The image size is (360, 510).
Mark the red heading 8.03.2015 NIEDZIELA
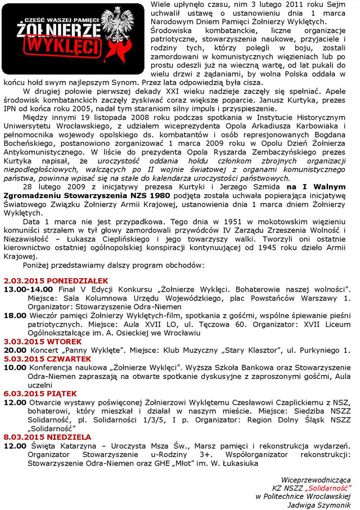click(x=39, y=437)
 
